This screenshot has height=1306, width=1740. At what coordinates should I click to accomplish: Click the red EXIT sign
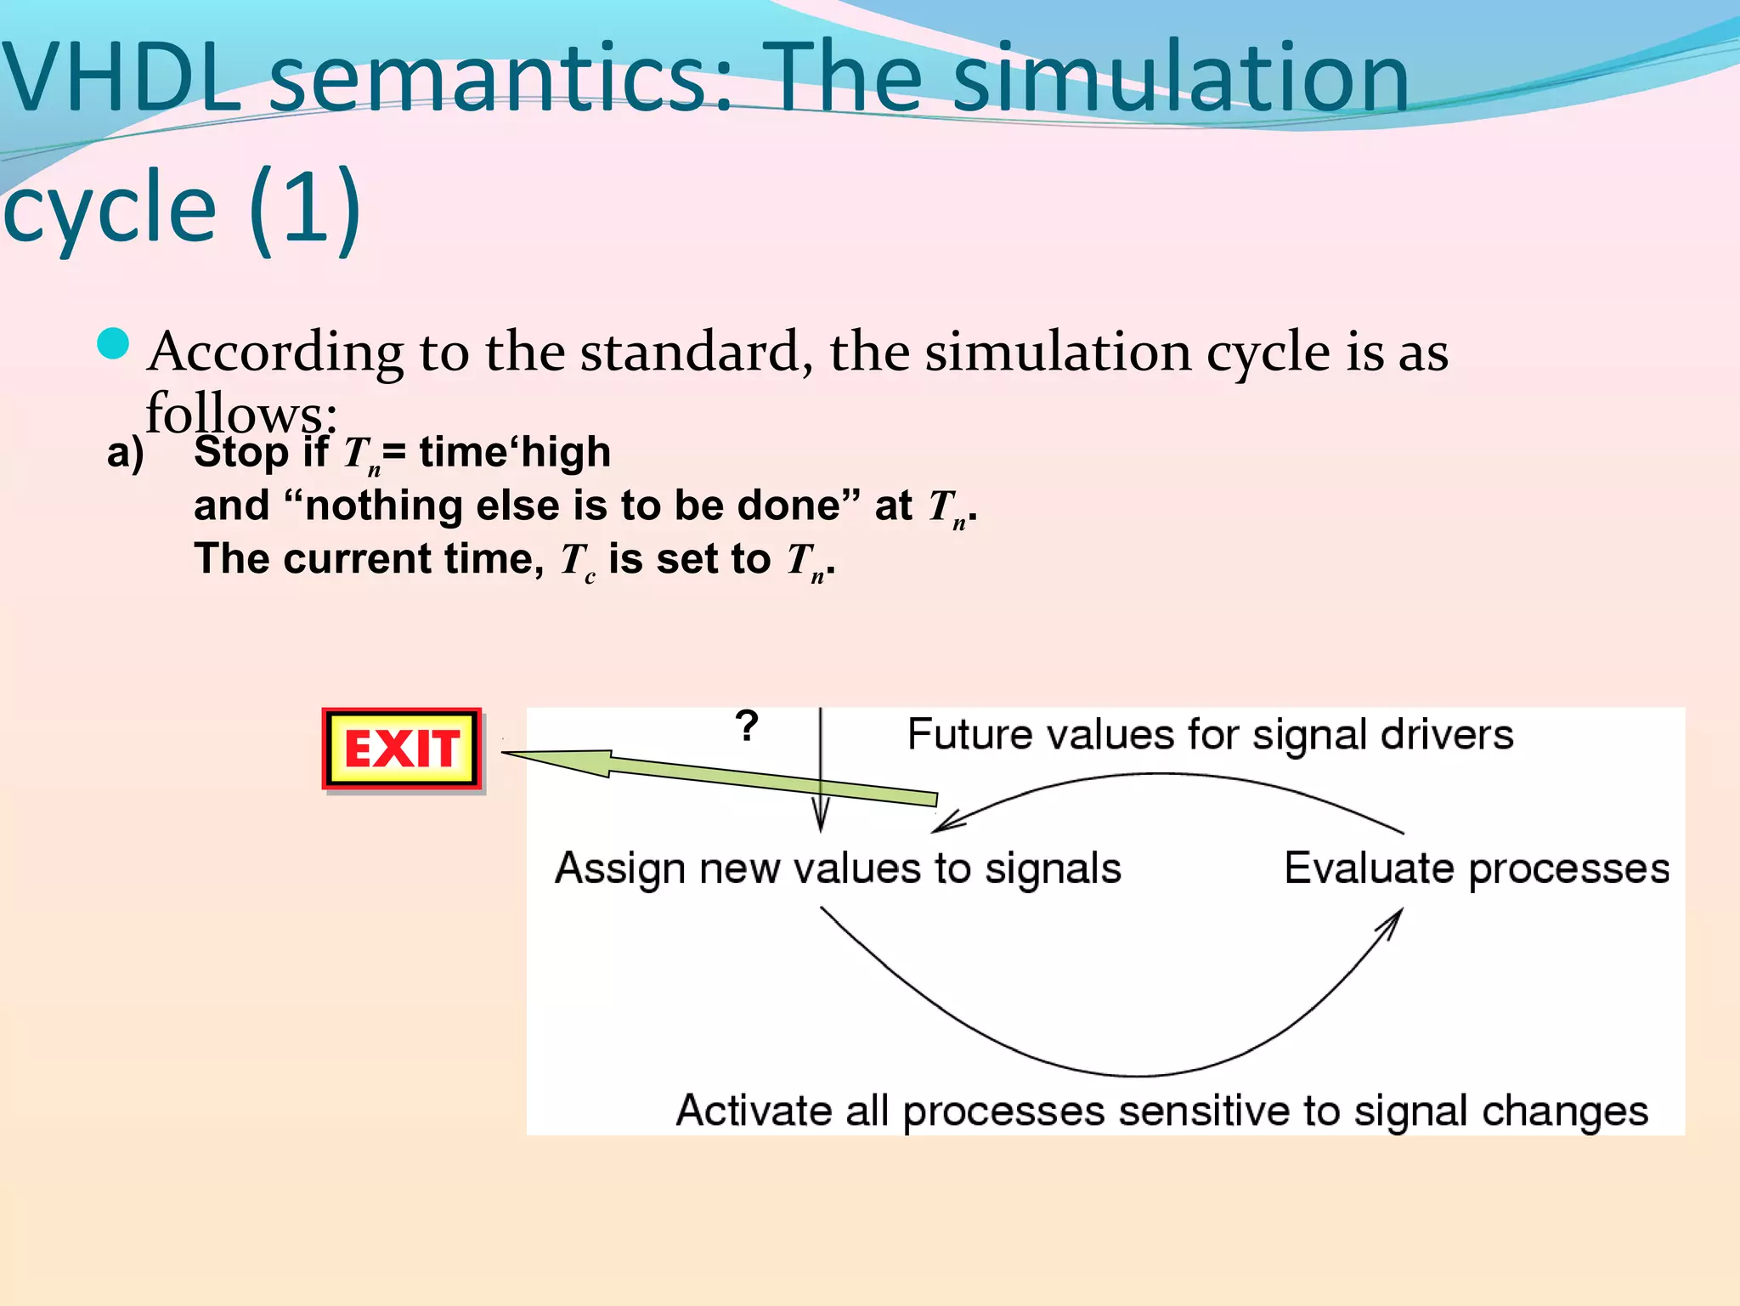pos(402,749)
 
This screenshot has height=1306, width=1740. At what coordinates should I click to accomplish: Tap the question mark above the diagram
pos(747,726)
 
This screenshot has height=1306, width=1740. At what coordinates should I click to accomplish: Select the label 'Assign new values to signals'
pos(838,868)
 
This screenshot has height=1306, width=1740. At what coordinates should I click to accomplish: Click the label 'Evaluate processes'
pos(1477,868)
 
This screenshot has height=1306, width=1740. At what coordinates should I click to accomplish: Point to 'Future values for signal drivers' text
pos(1210,734)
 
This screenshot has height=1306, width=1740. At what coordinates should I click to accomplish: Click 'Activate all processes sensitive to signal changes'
pos(1161,1111)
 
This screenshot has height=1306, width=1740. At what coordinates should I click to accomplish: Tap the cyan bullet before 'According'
pos(113,344)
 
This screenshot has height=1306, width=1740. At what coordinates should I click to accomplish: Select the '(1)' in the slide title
pos(306,207)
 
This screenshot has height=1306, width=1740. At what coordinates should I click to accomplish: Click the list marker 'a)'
pos(125,452)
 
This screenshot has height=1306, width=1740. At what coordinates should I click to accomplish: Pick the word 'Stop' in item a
pos(241,451)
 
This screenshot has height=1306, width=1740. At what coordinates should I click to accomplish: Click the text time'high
pos(515,451)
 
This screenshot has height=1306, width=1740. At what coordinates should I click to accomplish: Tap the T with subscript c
pos(577,561)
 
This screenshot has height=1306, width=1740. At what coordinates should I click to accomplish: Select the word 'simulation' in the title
pos(1181,78)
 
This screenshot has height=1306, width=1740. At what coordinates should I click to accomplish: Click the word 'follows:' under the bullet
pos(241,413)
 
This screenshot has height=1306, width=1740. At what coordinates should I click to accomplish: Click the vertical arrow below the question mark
pos(821,765)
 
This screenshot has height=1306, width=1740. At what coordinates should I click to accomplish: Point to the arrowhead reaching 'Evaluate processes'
pos(1393,921)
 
